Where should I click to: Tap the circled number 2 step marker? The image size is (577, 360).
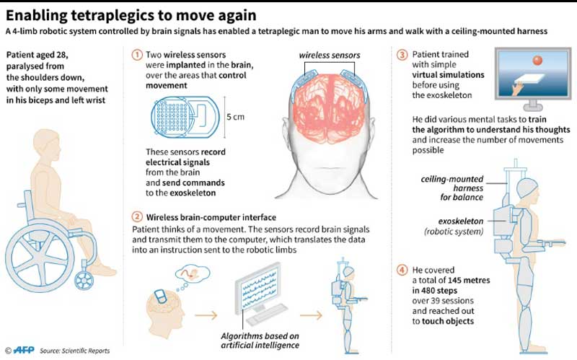point(137,217)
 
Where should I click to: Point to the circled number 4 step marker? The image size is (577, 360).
point(402,271)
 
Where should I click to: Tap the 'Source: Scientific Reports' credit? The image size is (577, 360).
point(75,351)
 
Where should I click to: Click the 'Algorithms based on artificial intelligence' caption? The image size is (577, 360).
point(263,340)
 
